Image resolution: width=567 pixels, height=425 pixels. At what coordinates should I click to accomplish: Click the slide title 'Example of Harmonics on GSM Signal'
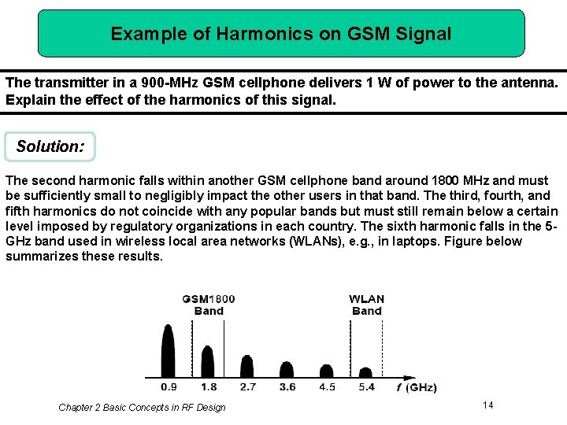click(281, 34)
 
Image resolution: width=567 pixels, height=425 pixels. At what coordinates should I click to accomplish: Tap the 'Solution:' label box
click(50, 147)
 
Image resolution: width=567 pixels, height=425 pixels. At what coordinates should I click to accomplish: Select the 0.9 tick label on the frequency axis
click(169, 387)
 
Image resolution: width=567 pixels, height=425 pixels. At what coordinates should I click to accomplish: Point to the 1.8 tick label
click(208, 387)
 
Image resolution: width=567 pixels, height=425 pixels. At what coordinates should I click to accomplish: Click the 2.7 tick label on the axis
click(247, 387)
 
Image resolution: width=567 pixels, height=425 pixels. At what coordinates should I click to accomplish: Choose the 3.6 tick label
click(287, 387)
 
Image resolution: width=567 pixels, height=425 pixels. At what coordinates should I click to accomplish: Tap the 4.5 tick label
click(327, 387)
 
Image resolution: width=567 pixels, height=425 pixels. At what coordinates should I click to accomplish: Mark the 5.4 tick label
click(366, 387)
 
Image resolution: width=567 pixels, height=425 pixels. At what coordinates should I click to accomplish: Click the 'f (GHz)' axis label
click(416, 387)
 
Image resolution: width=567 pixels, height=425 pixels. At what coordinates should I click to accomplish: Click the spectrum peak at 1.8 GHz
click(208, 361)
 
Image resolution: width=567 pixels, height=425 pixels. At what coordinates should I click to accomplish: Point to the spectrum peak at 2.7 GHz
click(247, 366)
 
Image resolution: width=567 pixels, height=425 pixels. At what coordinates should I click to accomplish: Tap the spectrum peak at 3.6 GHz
click(287, 368)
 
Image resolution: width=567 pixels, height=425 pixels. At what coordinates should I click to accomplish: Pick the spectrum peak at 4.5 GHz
click(327, 371)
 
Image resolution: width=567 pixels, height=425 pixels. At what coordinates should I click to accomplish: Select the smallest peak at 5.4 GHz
click(366, 373)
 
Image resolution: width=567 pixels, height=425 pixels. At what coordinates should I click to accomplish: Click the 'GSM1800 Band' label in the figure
click(208, 305)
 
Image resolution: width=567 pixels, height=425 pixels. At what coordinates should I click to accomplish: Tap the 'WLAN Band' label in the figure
click(367, 305)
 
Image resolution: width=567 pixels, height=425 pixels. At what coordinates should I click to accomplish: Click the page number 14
click(487, 405)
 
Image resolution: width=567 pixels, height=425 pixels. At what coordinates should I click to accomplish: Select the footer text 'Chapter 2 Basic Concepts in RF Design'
click(142, 408)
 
